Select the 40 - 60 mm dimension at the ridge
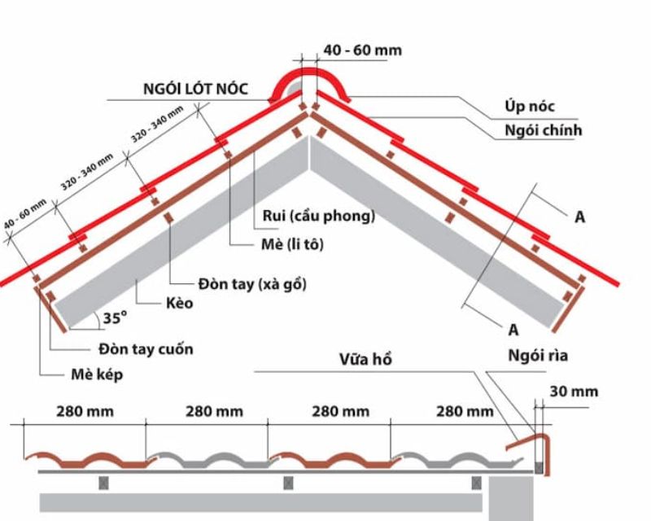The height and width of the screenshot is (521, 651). tap(362, 50)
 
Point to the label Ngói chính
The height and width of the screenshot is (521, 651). tap(543, 129)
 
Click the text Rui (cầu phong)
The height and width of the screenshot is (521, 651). tap(319, 217)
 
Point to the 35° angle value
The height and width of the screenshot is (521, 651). tap(114, 318)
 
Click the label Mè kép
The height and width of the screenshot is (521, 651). tap(95, 375)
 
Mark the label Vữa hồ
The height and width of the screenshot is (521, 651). tap(365, 359)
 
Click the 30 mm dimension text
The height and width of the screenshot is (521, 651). tap(574, 392)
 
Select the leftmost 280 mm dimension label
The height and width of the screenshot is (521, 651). tap(85, 412)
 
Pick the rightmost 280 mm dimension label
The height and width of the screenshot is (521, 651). tap(465, 412)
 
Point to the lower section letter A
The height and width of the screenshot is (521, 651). tap(514, 329)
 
